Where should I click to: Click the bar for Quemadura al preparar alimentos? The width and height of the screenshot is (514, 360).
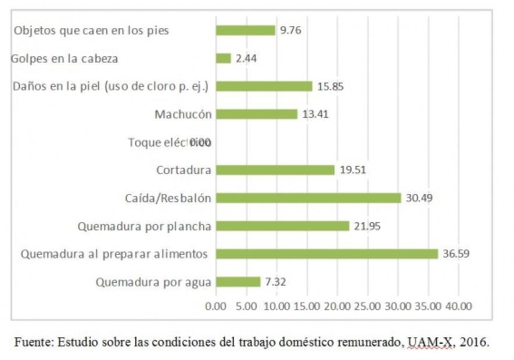[x=327, y=254]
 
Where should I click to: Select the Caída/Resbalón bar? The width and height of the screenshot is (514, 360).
[x=308, y=198]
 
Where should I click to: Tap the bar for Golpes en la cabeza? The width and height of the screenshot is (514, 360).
[x=224, y=58]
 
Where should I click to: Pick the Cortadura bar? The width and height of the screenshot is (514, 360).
[x=275, y=170]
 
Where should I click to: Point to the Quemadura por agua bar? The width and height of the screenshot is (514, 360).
[x=238, y=282]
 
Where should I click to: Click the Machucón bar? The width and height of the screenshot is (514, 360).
[x=257, y=114]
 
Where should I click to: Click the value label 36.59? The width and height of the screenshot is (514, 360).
[x=456, y=254]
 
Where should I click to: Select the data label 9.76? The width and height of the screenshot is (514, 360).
[x=291, y=30]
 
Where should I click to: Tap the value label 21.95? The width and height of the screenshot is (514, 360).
[x=367, y=226]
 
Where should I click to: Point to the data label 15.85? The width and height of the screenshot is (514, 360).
[x=330, y=86]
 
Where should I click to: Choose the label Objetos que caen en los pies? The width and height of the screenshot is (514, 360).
[x=91, y=31]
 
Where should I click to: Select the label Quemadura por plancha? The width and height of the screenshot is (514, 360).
[x=144, y=226]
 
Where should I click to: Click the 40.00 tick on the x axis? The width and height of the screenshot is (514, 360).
[x=459, y=306]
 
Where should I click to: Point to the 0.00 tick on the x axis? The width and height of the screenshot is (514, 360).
[x=216, y=306]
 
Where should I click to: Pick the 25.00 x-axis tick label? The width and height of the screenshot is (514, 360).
[x=368, y=306]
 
